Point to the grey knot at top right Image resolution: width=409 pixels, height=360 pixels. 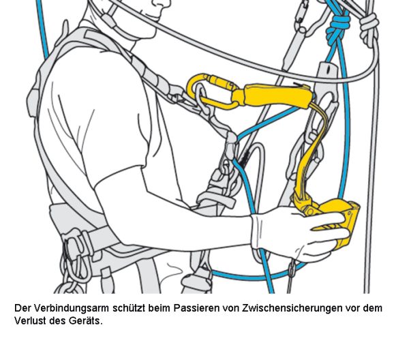[x=369, y=29]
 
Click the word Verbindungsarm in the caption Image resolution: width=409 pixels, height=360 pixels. [x=72, y=308]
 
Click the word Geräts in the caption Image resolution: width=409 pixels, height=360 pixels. [x=86, y=320]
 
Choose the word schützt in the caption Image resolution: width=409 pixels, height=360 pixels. [x=129, y=308]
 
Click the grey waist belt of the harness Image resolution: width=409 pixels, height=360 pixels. [x=78, y=230]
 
